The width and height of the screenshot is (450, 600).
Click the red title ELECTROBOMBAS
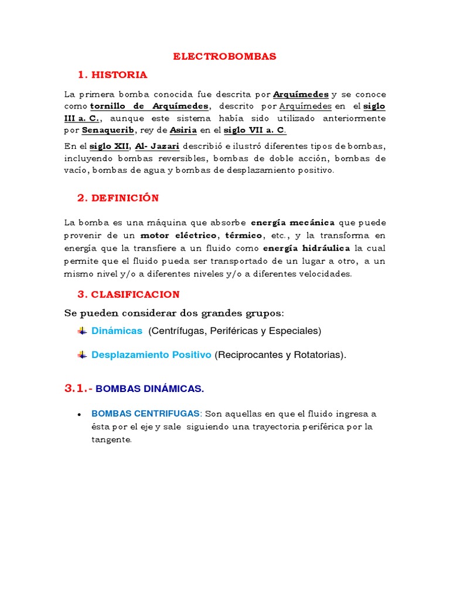coord(224,56)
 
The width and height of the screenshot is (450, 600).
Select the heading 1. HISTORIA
coord(112,74)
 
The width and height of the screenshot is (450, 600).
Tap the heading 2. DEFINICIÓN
coord(118,197)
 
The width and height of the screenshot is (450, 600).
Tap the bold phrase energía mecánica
coord(293,223)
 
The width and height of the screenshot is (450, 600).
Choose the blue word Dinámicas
coord(117,331)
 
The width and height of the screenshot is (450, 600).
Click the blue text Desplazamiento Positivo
coord(151,355)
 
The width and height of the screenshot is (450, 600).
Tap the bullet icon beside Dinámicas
coord(82,331)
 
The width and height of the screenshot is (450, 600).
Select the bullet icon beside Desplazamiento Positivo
coord(82,355)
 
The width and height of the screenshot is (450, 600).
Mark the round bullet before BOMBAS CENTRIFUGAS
coord(79,414)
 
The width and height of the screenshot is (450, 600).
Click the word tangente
coord(111,439)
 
